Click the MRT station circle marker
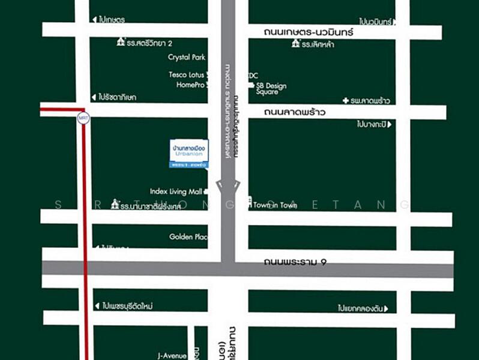pos(83,118)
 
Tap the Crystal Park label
pos(187,58)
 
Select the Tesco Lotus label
pos(187,75)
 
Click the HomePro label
pos(191,85)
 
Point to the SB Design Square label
pos(271,89)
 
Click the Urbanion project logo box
pos(188,154)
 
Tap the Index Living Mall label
pos(176,192)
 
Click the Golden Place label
pos(188,237)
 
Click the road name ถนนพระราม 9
pos(295,262)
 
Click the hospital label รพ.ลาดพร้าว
pos(367,101)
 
